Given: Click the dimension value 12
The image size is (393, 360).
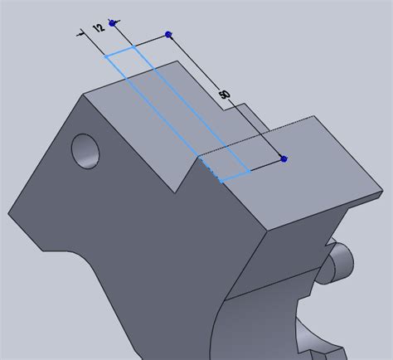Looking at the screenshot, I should pos(99,27).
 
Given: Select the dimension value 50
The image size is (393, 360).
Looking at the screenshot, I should pos(224,95).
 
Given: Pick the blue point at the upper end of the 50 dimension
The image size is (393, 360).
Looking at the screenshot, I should pos(169,34).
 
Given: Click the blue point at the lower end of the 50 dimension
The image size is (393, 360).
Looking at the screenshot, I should pos(284,158).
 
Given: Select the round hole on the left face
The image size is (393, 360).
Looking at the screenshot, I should pos(86,150).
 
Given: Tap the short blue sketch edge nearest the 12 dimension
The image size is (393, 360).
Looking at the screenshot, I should pos(121,52).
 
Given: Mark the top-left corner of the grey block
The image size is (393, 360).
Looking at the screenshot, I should pos(83,95).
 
